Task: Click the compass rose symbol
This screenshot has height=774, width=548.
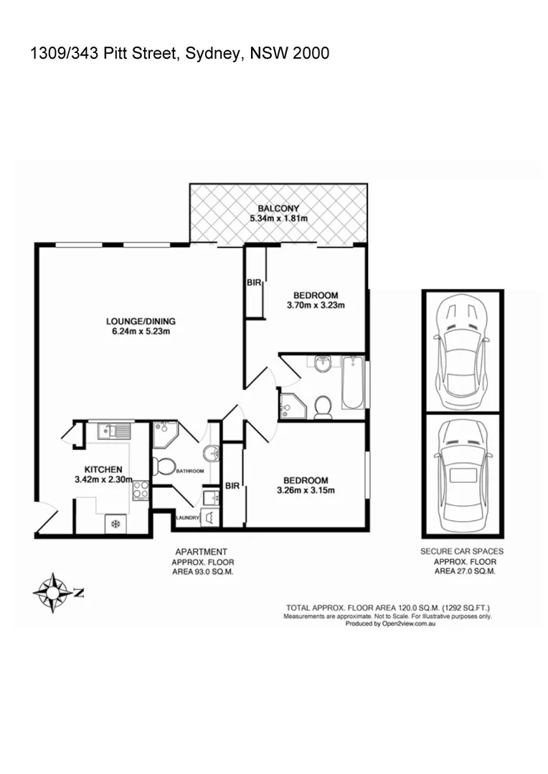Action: [52, 592]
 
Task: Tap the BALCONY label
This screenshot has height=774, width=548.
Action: [279, 209]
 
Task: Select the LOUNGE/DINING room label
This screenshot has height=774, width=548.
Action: [141, 321]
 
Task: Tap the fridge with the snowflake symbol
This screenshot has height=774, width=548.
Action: [113, 525]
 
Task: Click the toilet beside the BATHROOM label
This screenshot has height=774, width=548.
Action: [164, 467]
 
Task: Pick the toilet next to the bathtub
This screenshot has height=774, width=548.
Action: [322, 406]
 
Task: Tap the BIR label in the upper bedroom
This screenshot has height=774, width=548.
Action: [254, 283]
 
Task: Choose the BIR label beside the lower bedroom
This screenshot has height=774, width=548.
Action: [232, 486]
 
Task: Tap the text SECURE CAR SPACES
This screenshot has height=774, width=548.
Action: [461, 551]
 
